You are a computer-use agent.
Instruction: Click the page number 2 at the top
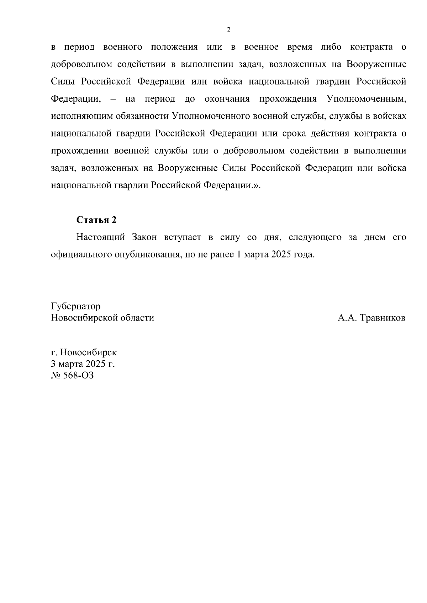click(x=229, y=30)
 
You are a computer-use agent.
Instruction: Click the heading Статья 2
click(x=96, y=220)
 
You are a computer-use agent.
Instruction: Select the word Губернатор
click(x=76, y=306)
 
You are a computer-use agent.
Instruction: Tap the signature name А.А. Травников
click(x=371, y=318)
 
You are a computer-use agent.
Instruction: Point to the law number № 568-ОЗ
click(x=73, y=375)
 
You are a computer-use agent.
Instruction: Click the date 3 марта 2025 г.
click(x=83, y=364)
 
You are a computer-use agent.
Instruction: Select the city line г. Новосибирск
click(x=84, y=352)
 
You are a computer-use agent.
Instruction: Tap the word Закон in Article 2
click(x=144, y=237)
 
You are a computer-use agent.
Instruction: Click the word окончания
click(x=227, y=99)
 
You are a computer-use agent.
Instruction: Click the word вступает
click(x=182, y=237)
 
